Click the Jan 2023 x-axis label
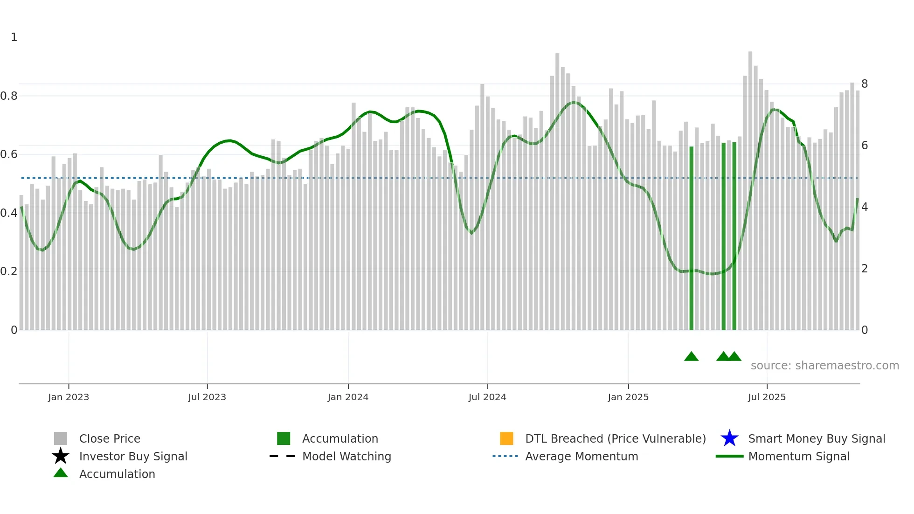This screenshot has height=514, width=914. (x=68, y=397)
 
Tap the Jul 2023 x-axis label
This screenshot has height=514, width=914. (x=207, y=397)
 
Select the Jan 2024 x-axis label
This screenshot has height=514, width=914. (x=348, y=397)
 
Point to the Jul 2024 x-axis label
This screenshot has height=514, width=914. (x=487, y=397)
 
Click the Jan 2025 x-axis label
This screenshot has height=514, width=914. (x=628, y=397)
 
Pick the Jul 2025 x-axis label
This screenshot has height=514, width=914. (x=767, y=397)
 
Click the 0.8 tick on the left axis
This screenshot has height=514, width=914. (x=9, y=96)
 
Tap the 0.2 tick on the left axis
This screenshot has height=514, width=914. (x=9, y=271)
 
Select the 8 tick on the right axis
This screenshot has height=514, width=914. (x=865, y=84)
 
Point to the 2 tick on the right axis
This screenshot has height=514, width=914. (x=865, y=269)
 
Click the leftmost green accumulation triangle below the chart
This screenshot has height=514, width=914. (x=691, y=357)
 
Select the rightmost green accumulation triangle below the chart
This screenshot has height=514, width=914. (x=734, y=357)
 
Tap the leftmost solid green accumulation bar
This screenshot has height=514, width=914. (x=692, y=238)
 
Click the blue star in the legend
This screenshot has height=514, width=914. (x=729, y=438)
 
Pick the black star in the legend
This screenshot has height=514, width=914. (x=61, y=456)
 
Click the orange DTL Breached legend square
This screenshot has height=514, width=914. (x=506, y=438)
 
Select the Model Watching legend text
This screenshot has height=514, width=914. (x=346, y=456)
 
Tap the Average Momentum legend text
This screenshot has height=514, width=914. (x=582, y=456)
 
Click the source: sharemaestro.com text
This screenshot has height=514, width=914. (x=824, y=366)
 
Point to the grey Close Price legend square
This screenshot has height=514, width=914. (x=61, y=438)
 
